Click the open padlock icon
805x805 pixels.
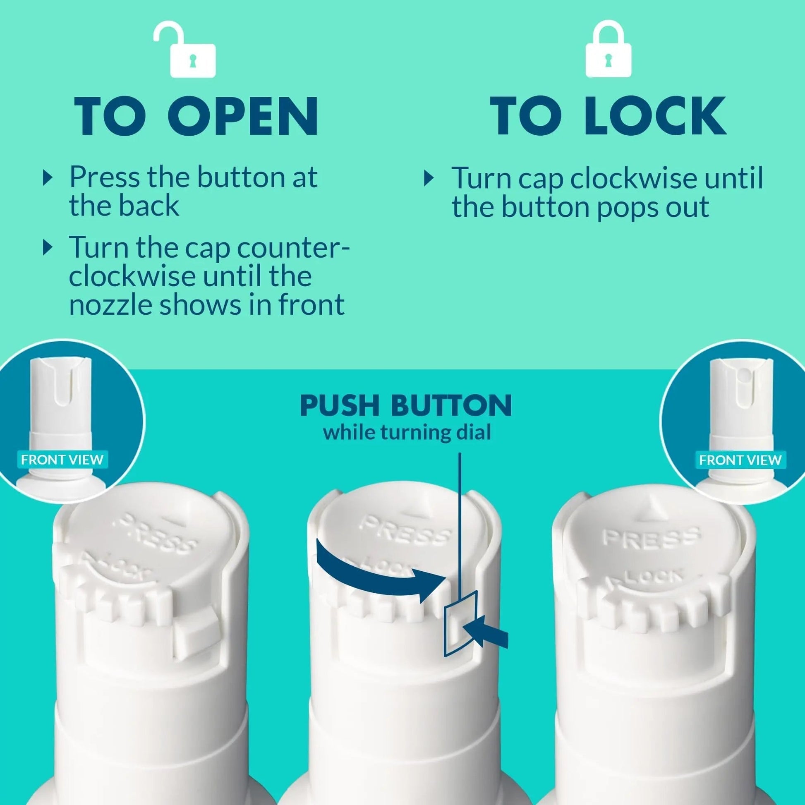pos(184,50)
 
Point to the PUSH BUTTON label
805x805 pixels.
pos(406,405)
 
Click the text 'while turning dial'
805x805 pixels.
pos(407,433)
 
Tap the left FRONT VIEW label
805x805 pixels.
pos(62,460)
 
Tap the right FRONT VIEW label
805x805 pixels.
pos(740,460)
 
